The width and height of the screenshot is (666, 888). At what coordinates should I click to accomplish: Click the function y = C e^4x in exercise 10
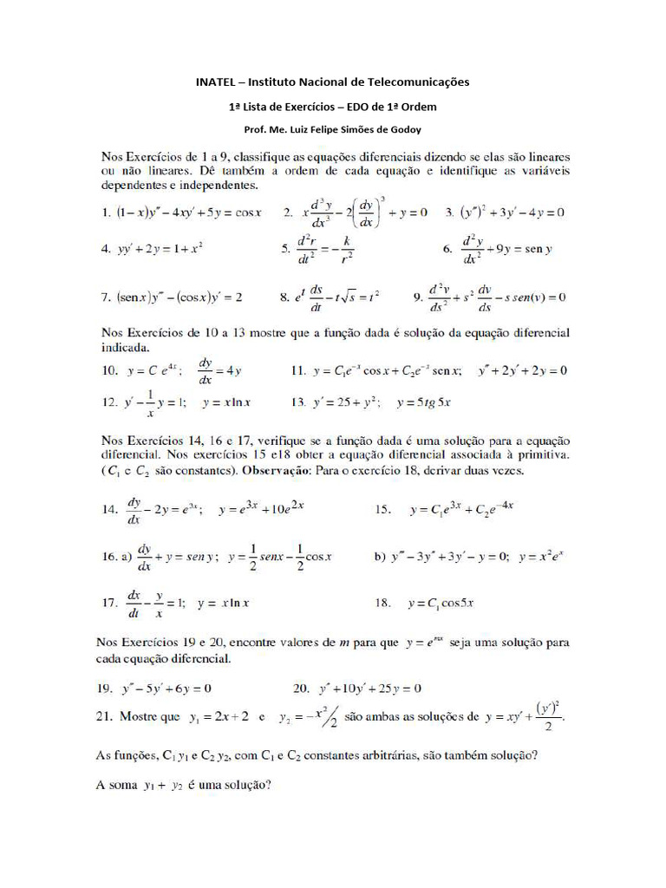pos(153,371)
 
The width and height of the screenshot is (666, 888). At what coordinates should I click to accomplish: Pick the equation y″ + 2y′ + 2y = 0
pos(523,371)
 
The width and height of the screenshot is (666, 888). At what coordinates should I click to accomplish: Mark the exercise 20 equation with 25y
pos(369,689)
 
